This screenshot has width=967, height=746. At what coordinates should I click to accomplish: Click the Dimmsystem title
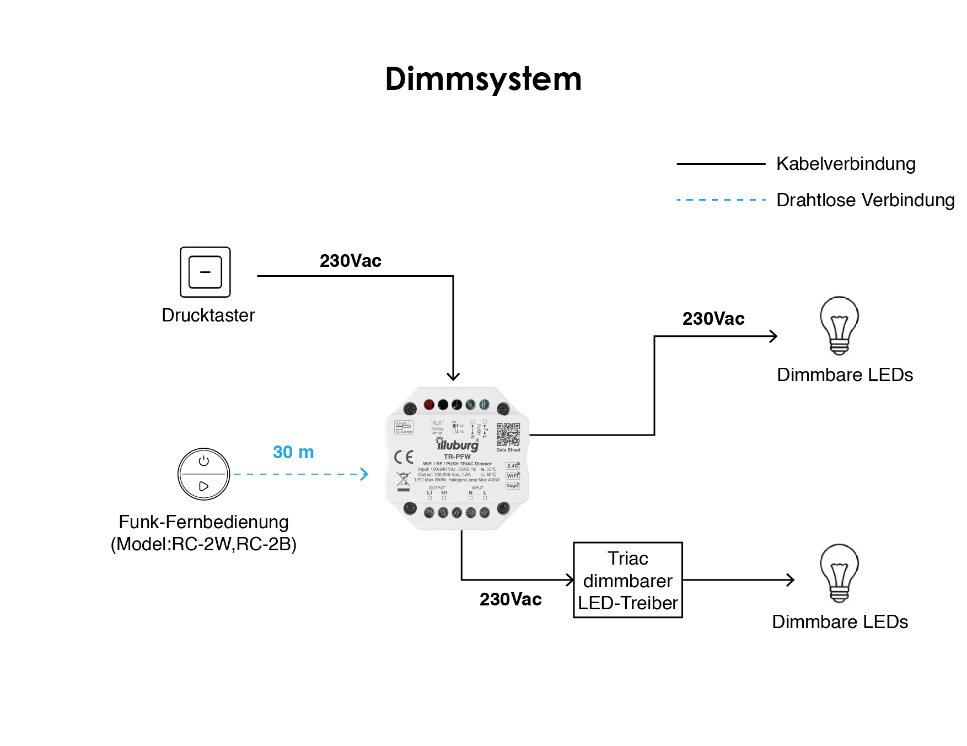[483, 79]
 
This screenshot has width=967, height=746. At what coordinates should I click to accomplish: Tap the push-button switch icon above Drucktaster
[205, 272]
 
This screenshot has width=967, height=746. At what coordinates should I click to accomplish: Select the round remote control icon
[204, 474]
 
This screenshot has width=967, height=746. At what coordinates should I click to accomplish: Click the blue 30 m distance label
[293, 452]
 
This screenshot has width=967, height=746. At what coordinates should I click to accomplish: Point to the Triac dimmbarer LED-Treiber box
[627, 580]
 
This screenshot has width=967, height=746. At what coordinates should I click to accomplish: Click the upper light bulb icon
[839, 325]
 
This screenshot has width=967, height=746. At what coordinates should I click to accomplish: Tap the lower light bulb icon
[839, 573]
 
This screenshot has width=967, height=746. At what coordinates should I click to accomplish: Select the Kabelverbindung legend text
[846, 164]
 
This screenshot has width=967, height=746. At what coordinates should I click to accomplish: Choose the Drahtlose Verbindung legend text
[865, 200]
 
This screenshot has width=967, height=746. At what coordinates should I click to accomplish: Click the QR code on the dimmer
[508, 434]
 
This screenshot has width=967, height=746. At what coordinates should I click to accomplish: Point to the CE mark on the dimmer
[404, 457]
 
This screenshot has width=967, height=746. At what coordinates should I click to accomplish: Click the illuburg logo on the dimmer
[457, 444]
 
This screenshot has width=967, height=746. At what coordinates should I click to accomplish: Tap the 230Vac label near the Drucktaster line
[351, 261]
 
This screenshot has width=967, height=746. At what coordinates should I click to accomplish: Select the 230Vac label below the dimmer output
[511, 599]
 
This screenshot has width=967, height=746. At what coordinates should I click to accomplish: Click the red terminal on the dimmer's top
[429, 405]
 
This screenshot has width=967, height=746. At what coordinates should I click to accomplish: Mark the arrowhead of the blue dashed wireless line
[364, 474]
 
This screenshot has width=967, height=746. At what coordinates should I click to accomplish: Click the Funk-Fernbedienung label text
[203, 522]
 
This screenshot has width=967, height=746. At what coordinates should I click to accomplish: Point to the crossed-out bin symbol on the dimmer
[404, 481]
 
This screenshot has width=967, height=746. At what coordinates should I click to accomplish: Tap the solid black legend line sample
[721, 164]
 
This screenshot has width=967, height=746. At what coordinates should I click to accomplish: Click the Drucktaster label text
[208, 315]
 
